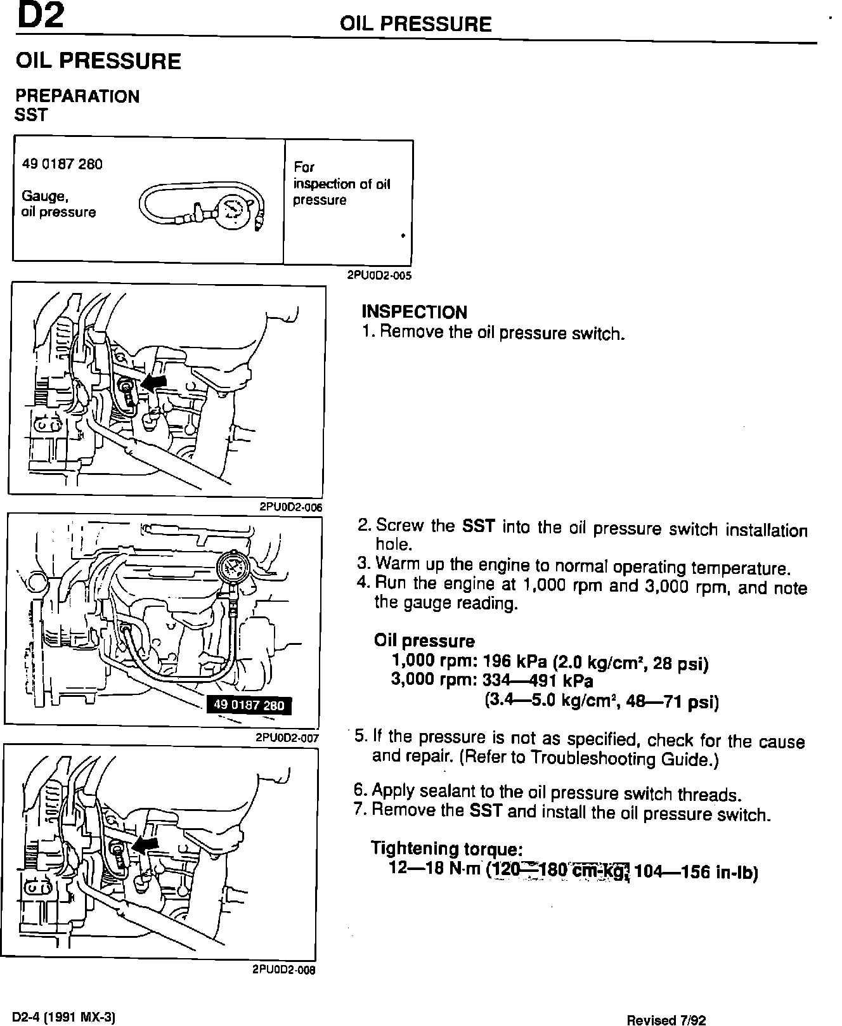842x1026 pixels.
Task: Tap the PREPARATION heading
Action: point(77,96)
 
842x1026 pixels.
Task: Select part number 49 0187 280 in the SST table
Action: point(62,164)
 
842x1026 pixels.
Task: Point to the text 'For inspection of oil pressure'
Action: point(341,184)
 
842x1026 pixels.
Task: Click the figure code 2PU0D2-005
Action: point(379,276)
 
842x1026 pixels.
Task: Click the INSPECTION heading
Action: point(414,312)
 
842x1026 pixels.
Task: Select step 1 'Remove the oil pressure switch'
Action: point(493,333)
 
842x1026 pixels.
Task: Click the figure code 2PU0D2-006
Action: point(291,507)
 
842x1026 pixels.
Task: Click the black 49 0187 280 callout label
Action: point(249,705)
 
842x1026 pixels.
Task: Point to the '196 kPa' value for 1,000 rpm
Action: point(515,661)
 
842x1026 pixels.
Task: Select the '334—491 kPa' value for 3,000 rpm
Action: point(538,682)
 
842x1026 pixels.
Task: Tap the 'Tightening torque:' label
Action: point(447,848)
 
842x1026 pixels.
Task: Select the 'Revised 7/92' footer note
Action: point(666,1020)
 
